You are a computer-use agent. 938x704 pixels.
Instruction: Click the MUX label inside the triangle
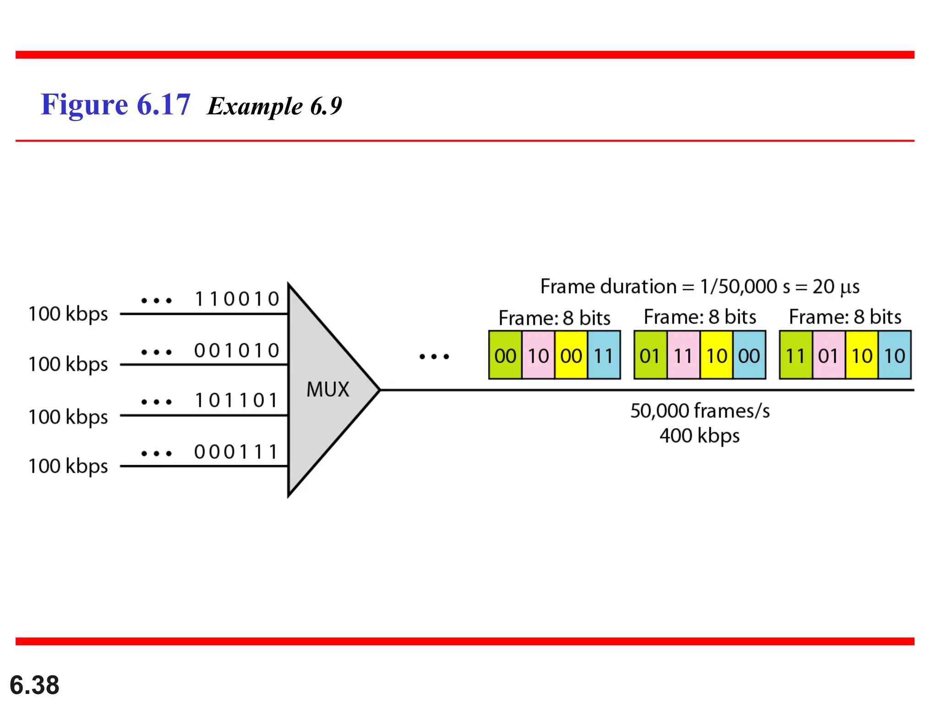(327, 390)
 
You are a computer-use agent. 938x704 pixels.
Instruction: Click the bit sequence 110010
(237, 299)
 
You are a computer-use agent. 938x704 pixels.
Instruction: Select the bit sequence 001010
(237, 351)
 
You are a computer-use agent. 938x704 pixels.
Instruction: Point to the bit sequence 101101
(237, 401)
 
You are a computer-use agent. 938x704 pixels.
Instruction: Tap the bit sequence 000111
(237, 452)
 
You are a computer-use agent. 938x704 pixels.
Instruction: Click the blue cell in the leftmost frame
(604, 356)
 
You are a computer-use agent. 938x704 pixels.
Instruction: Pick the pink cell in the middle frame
(683, 356)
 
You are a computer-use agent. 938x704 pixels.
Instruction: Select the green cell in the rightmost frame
(796, 356)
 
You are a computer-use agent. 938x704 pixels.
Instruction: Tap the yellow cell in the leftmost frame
(571, 356)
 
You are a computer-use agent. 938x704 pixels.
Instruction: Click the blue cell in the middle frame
(749, 356)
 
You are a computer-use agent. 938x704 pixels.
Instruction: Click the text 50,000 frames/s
(700, 411)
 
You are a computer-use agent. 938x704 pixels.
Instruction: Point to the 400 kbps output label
(699, 436)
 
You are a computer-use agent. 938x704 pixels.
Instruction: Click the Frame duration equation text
(700, 287)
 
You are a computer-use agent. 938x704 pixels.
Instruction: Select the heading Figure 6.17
(115, 105)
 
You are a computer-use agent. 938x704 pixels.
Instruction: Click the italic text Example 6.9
(274, 106)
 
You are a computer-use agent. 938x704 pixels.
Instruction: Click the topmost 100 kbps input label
(68, 314)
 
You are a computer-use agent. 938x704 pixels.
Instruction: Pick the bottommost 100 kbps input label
(68, 466)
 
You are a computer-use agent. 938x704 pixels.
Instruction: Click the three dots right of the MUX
(434, 356)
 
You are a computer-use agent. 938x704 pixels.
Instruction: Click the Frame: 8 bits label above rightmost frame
(845, 317)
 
